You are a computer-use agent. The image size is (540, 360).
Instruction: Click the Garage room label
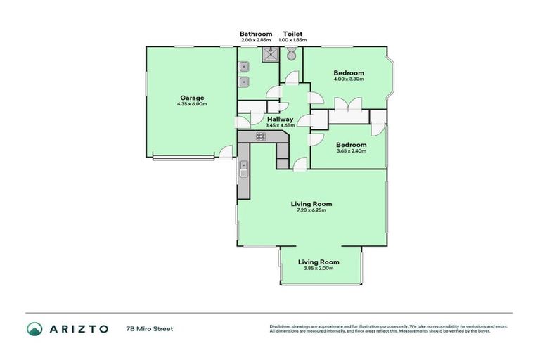[191, 98]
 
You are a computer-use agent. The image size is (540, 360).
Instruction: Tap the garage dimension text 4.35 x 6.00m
[191, 104]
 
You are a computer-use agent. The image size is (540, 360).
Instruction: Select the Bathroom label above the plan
[255, 34]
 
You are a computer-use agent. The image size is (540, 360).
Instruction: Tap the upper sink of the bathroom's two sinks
[244, 67]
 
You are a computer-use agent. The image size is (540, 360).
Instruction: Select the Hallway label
[280, 119]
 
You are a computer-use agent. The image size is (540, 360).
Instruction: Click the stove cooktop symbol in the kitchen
[261, 136]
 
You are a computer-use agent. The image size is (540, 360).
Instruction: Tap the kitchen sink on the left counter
[243, 169]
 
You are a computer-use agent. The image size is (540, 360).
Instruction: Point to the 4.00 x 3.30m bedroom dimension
[348, 79]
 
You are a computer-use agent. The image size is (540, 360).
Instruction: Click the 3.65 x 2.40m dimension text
[351, 150]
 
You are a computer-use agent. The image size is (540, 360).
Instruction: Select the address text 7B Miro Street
[149, 328]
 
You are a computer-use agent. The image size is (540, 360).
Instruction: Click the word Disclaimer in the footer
[281, 326]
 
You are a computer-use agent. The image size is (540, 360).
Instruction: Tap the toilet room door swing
[290, 78]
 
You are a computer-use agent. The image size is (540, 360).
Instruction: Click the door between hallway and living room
[300, 165]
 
